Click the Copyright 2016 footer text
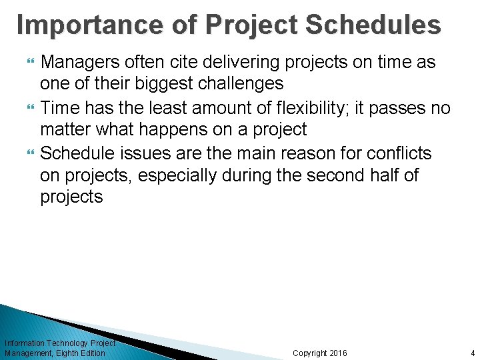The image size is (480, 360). tap(320, 353)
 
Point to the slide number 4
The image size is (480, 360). tap(472, 353)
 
